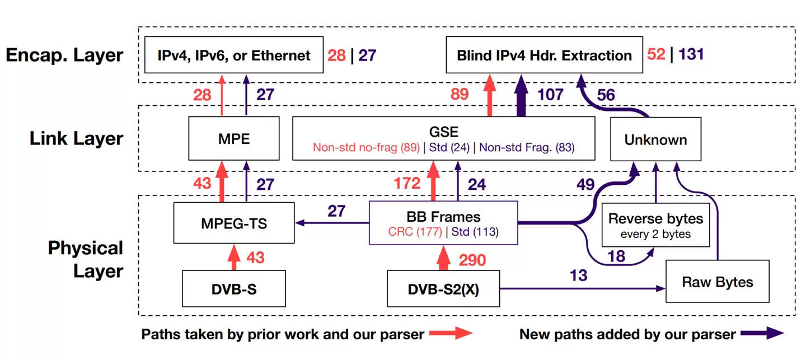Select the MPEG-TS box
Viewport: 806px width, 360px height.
[x=234, y=223]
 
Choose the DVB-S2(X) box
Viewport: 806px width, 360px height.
[x=443, y=289]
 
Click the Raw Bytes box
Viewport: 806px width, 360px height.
[x=717, y=282]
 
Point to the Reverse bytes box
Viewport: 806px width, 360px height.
[x=655, y=225]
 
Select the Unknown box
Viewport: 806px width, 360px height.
[x=655, y=139]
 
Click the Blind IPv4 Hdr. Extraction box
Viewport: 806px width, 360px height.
[x=544, y=55]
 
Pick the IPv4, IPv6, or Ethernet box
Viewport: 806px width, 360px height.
[x=234, y=55]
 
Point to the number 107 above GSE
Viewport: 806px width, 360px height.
[x=550, y=94]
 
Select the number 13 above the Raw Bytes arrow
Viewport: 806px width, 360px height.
[x=578, y=275]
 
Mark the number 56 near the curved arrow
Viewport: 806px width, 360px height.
[x=606, y=94]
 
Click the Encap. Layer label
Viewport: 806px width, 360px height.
[x=64, y=55]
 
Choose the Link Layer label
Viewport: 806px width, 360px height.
[x=76, y=138]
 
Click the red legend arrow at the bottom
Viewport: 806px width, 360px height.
[x=452, y=334]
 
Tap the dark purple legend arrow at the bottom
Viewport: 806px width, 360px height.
[x=762, y=334]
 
